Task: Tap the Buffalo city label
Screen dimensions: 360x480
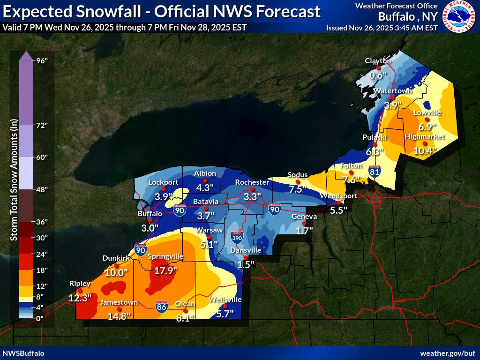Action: (150, 213)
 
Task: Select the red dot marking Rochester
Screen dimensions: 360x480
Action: (252, 189)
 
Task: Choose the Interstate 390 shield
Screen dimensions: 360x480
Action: (238, 238)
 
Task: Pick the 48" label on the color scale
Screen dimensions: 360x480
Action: (42, 189)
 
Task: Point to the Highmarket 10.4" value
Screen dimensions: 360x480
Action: (425, 150)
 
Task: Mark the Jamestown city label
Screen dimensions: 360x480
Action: (119, 302)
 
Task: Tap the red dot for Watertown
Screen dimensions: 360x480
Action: (392, 97)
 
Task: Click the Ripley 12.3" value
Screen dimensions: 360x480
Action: (80, 298)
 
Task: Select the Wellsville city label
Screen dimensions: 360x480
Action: (225, 299)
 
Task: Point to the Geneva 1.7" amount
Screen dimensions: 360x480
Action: (304, 230)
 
